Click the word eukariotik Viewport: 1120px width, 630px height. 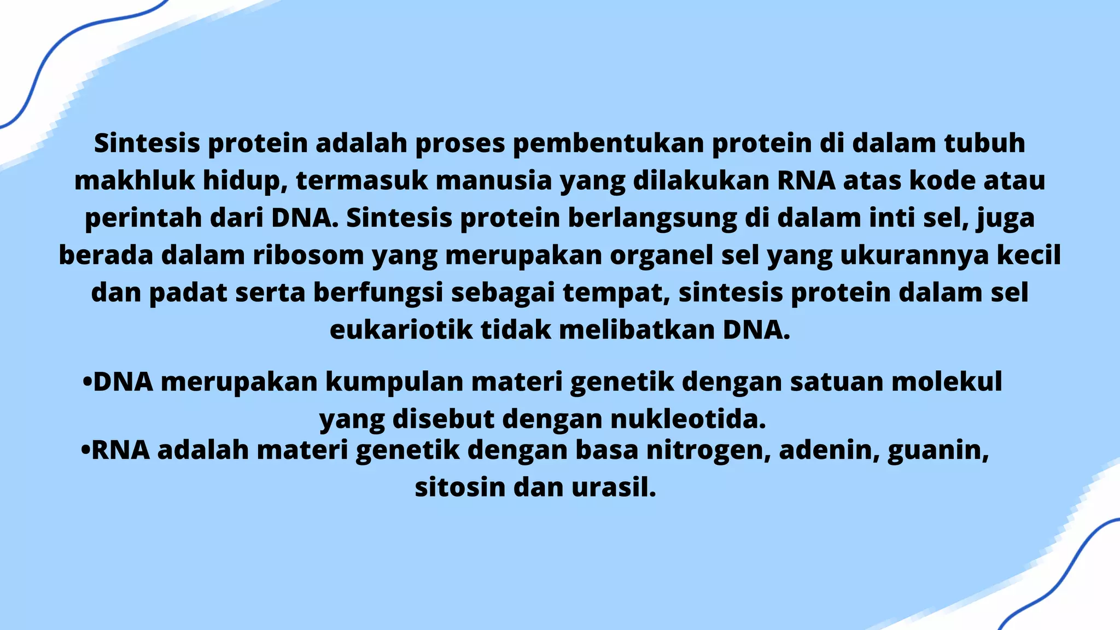click(401, 330)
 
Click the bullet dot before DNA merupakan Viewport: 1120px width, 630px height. click(86, 382)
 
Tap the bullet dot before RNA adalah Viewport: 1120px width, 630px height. click(85, 451)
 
